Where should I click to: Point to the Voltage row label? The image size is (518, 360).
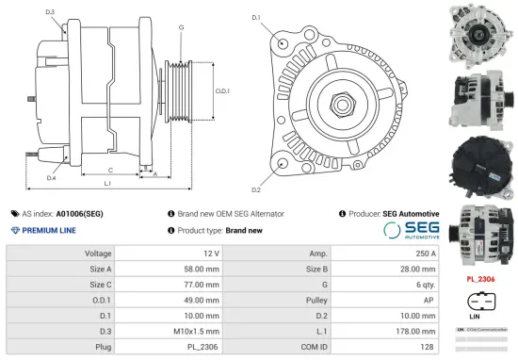point(98,253)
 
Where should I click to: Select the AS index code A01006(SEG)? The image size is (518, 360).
point(80,214)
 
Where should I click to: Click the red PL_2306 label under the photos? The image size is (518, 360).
point(481,279)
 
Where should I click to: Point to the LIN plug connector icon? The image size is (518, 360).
point(479,303)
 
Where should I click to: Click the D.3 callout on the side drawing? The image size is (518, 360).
point(49,11)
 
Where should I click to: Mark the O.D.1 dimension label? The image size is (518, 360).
point(222,90)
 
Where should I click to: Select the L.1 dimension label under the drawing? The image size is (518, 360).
point(107,182)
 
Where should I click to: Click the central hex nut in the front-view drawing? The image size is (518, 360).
point(336,97)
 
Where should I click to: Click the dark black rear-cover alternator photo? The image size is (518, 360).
point(479,163)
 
